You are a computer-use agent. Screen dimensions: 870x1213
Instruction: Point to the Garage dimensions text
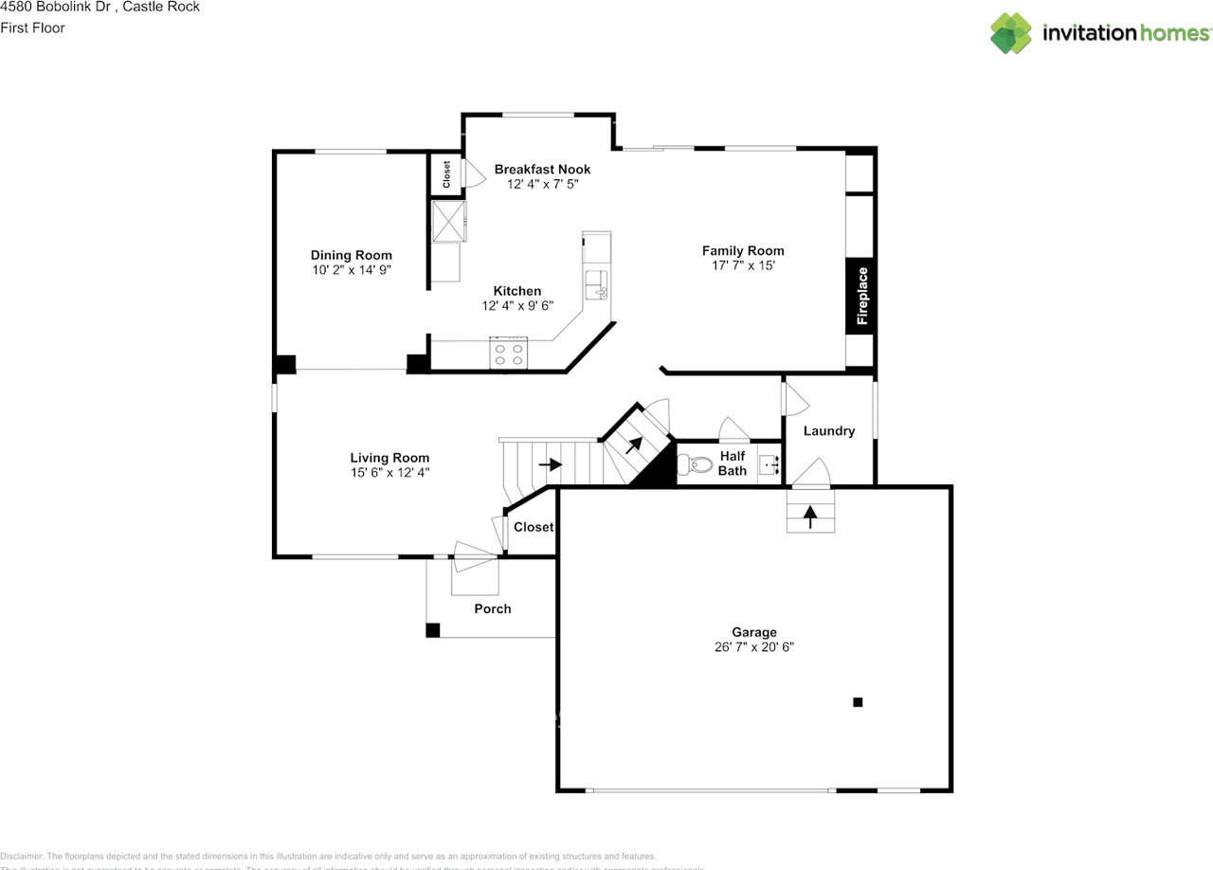pos(754,647)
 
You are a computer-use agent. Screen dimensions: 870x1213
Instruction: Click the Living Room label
pos(389,458)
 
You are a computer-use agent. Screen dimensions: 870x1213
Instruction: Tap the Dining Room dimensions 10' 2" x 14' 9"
pos(352,270)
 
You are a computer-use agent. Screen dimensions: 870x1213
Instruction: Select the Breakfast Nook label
pos(542,170)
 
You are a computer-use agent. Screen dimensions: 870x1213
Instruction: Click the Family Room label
pos(743,251)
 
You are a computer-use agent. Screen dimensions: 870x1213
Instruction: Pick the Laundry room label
pos(829,431)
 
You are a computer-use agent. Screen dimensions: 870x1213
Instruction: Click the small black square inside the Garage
pos(858,702)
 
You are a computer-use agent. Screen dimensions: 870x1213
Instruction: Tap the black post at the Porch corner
pos(433,629)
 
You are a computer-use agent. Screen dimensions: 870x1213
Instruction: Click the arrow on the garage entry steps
pos(810,517)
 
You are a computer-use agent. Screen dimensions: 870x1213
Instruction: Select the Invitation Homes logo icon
pos(1011,33)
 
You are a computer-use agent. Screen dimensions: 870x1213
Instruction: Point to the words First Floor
pos(33,28)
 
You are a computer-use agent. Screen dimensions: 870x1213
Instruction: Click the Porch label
pos(493,609)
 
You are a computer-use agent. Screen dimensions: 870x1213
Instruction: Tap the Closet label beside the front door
pos(533,527)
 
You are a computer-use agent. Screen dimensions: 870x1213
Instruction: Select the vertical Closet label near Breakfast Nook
pos(446,173)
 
